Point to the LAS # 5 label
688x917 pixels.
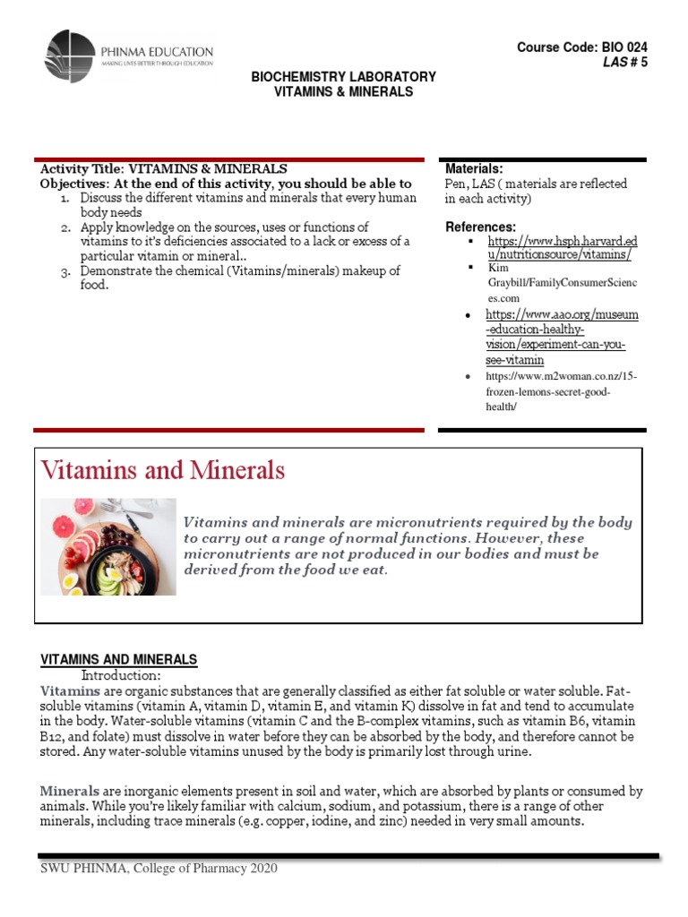tap(624, 62)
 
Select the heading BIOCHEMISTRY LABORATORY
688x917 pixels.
tap(343, 77)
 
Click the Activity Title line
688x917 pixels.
tap(164, 168)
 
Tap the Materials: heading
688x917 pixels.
tap(474, 168)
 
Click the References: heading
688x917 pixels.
tap(480, 227)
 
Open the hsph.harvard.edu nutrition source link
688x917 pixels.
tap(562, 248)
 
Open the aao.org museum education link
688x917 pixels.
tap(562, 337)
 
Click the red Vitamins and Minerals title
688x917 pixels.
tap(163, 470)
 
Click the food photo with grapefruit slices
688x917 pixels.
tap(108, 546)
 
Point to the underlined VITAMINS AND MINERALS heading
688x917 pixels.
tap(119, 659)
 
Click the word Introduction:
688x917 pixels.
tap(121, 674)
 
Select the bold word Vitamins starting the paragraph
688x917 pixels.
tap(71, 691)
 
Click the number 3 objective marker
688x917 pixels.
tap(65, 270)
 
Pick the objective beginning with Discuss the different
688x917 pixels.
tap(248, 205)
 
